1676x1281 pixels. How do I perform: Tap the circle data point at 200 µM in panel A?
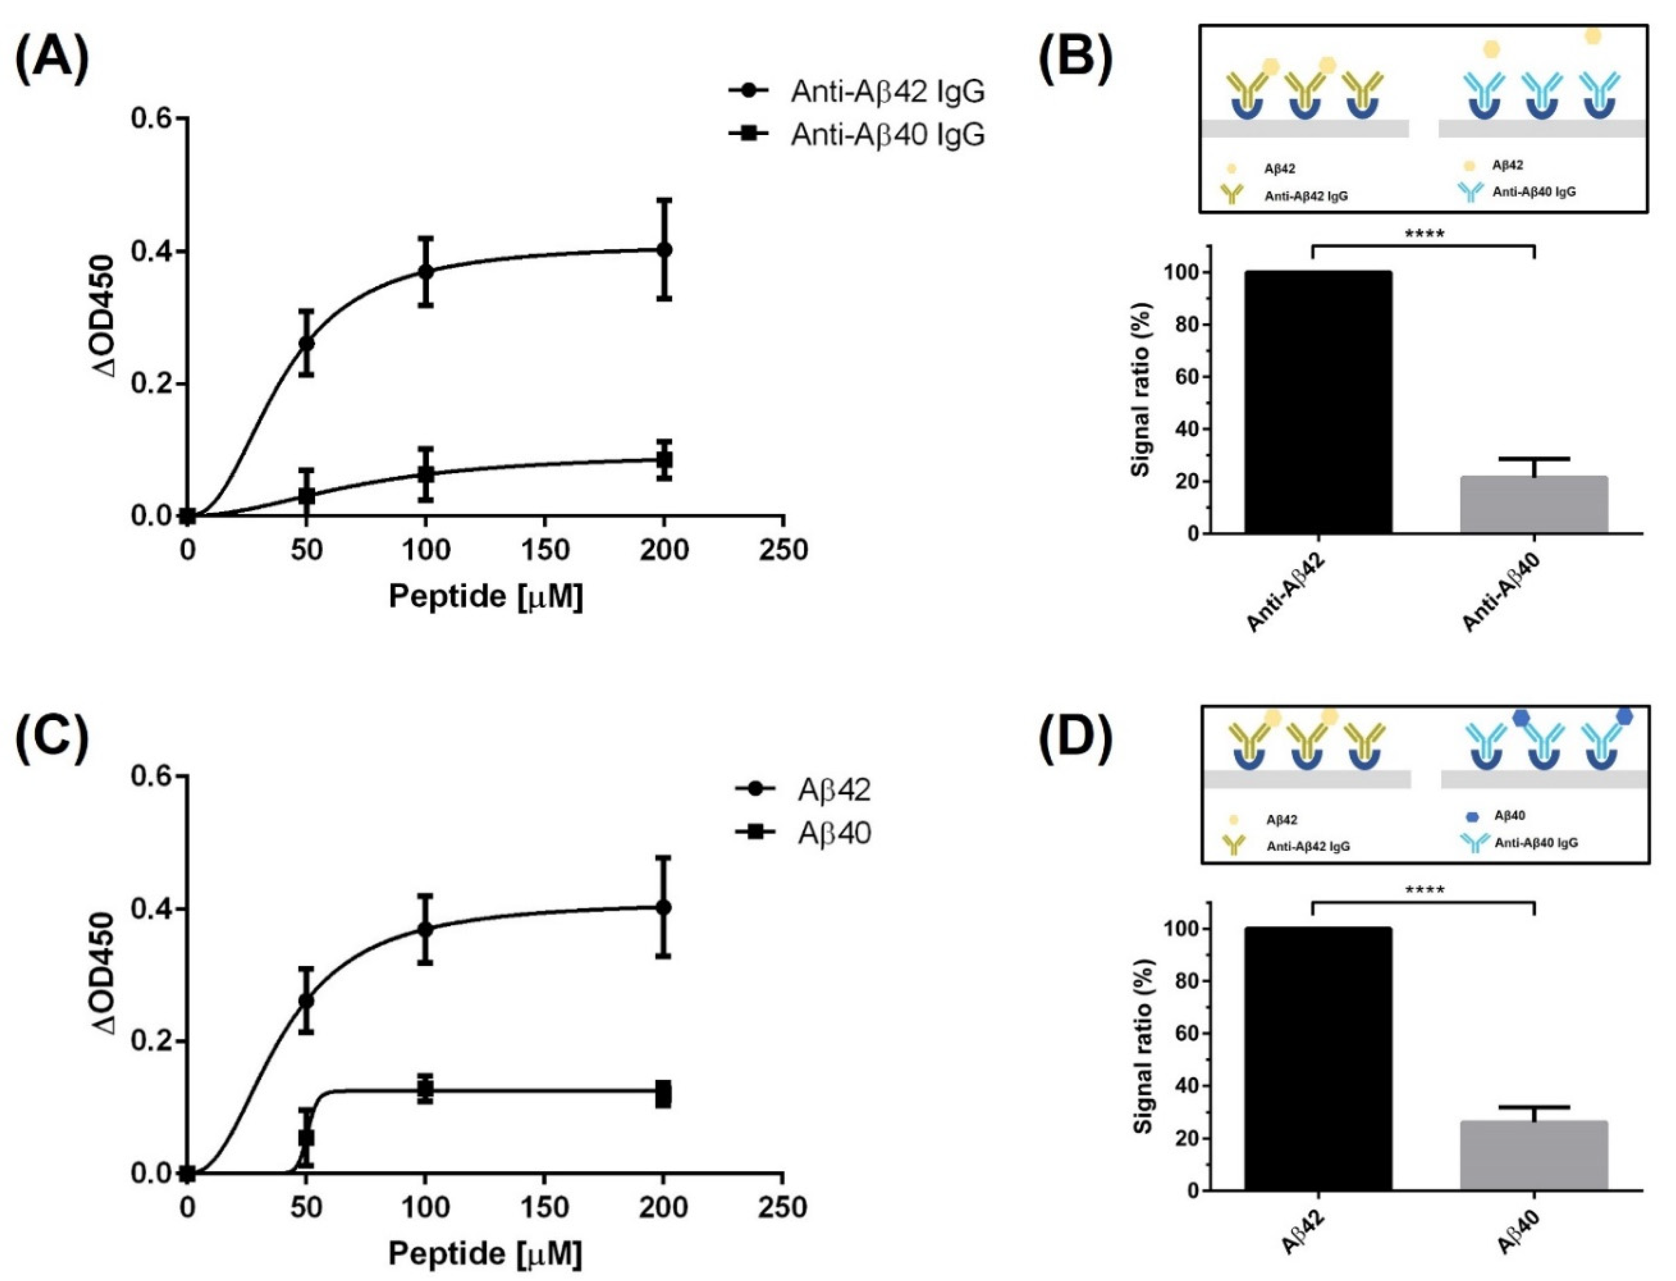664,249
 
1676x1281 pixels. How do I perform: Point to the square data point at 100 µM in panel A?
425,474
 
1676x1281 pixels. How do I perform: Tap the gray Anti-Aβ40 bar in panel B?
1533,505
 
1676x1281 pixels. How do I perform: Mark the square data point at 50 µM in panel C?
306,1138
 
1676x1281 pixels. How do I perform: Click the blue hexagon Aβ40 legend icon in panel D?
1472,817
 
